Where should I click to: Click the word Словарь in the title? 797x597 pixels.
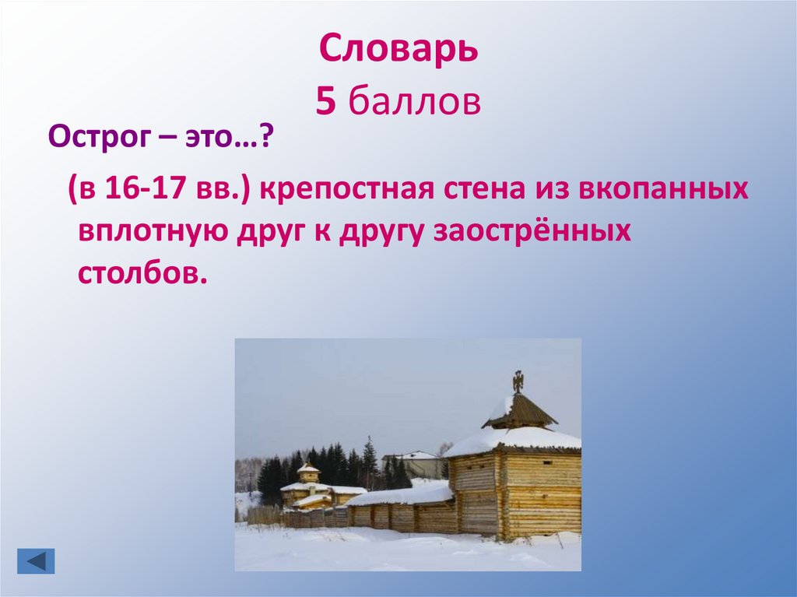point(398,51)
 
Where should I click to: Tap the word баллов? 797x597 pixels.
point(413,102)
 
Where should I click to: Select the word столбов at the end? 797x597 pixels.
point(143,274)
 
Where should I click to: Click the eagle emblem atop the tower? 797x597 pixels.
point(518,381)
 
